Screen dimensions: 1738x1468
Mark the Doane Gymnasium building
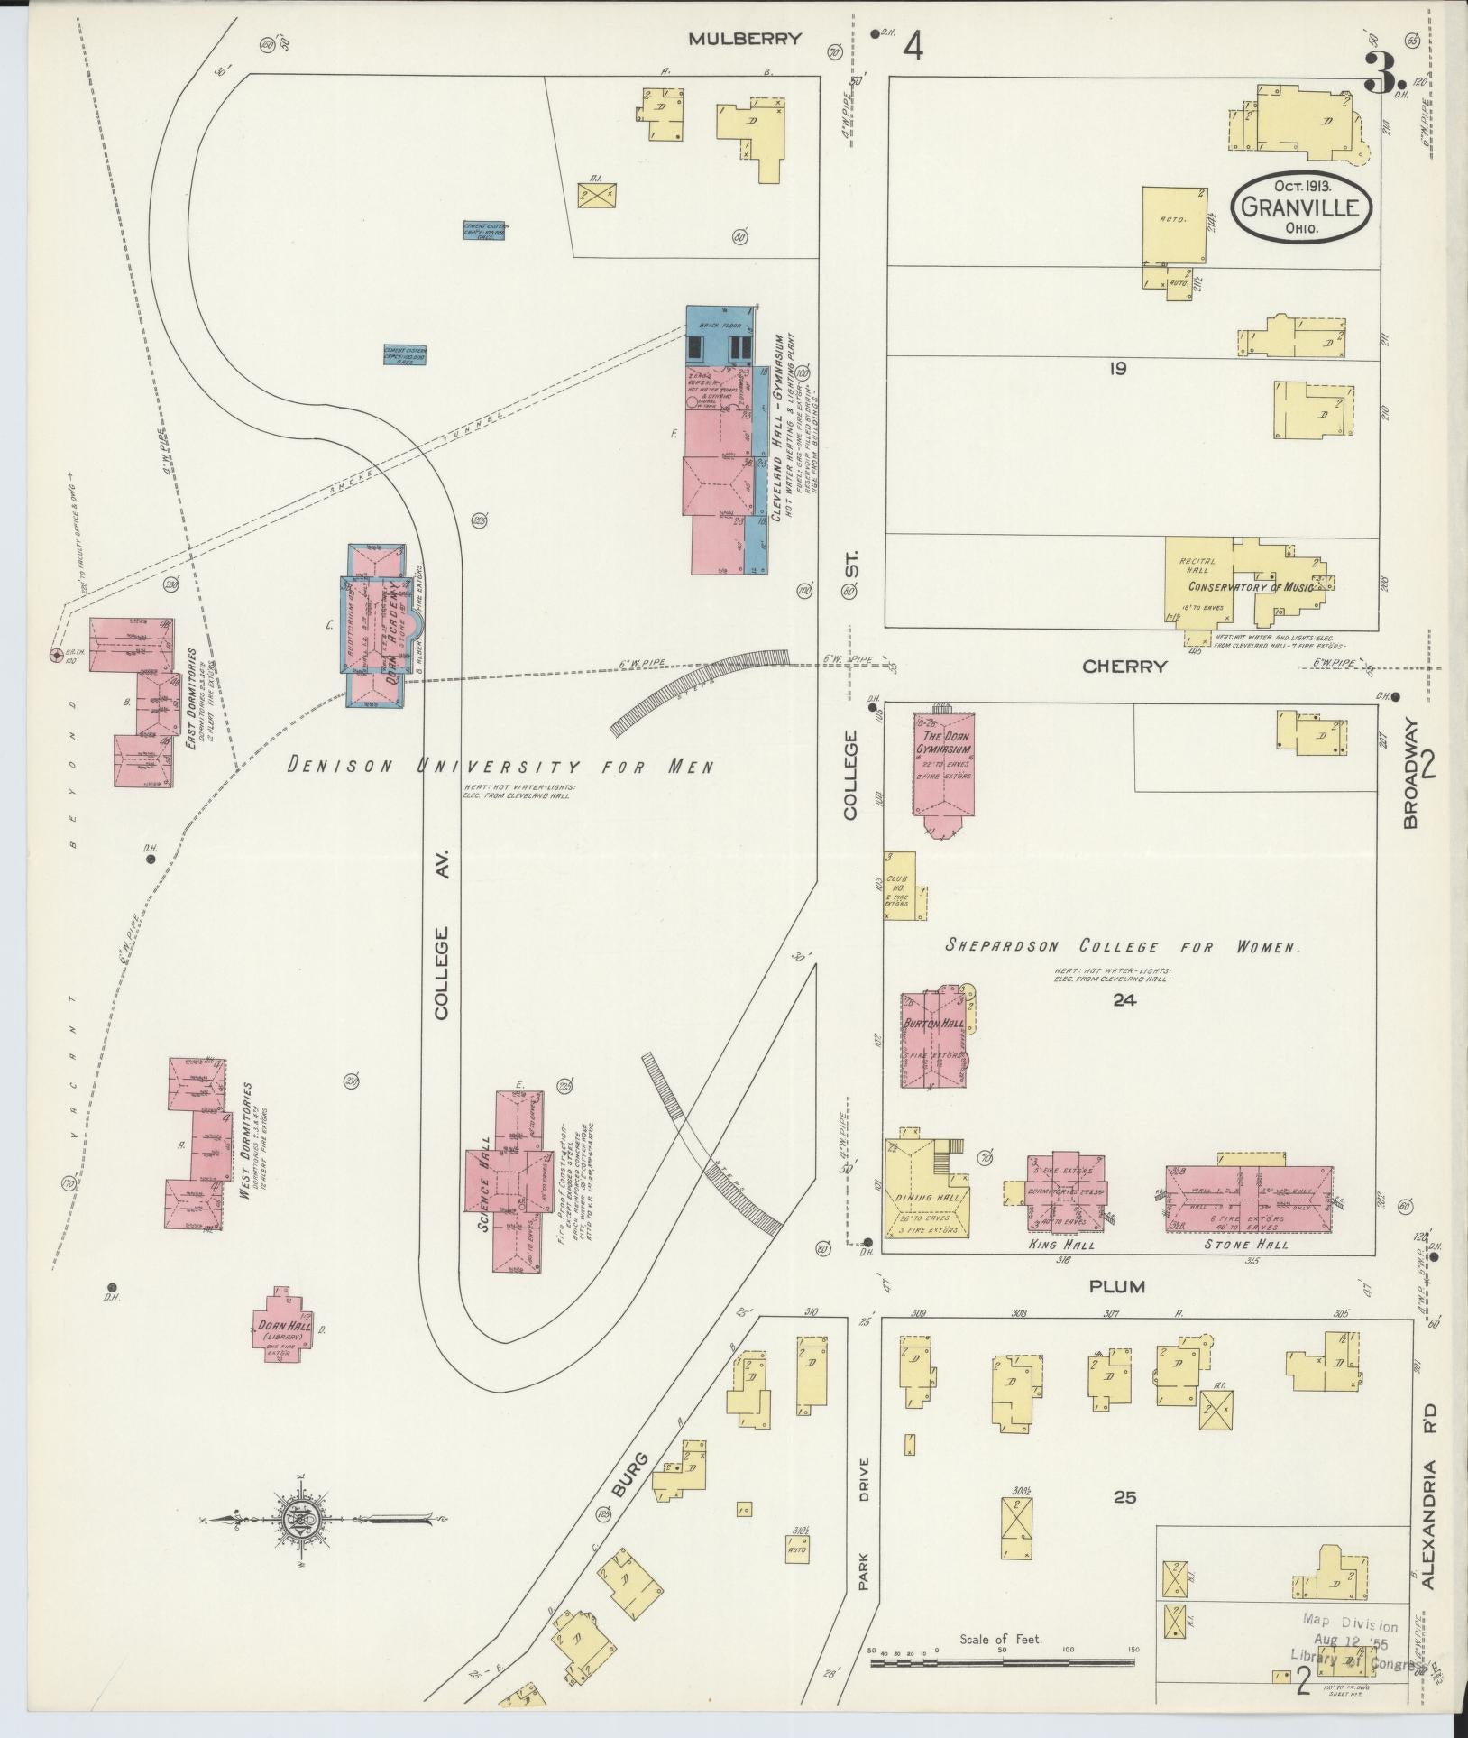coord(944,769)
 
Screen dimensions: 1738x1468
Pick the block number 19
coord(1118,368)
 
